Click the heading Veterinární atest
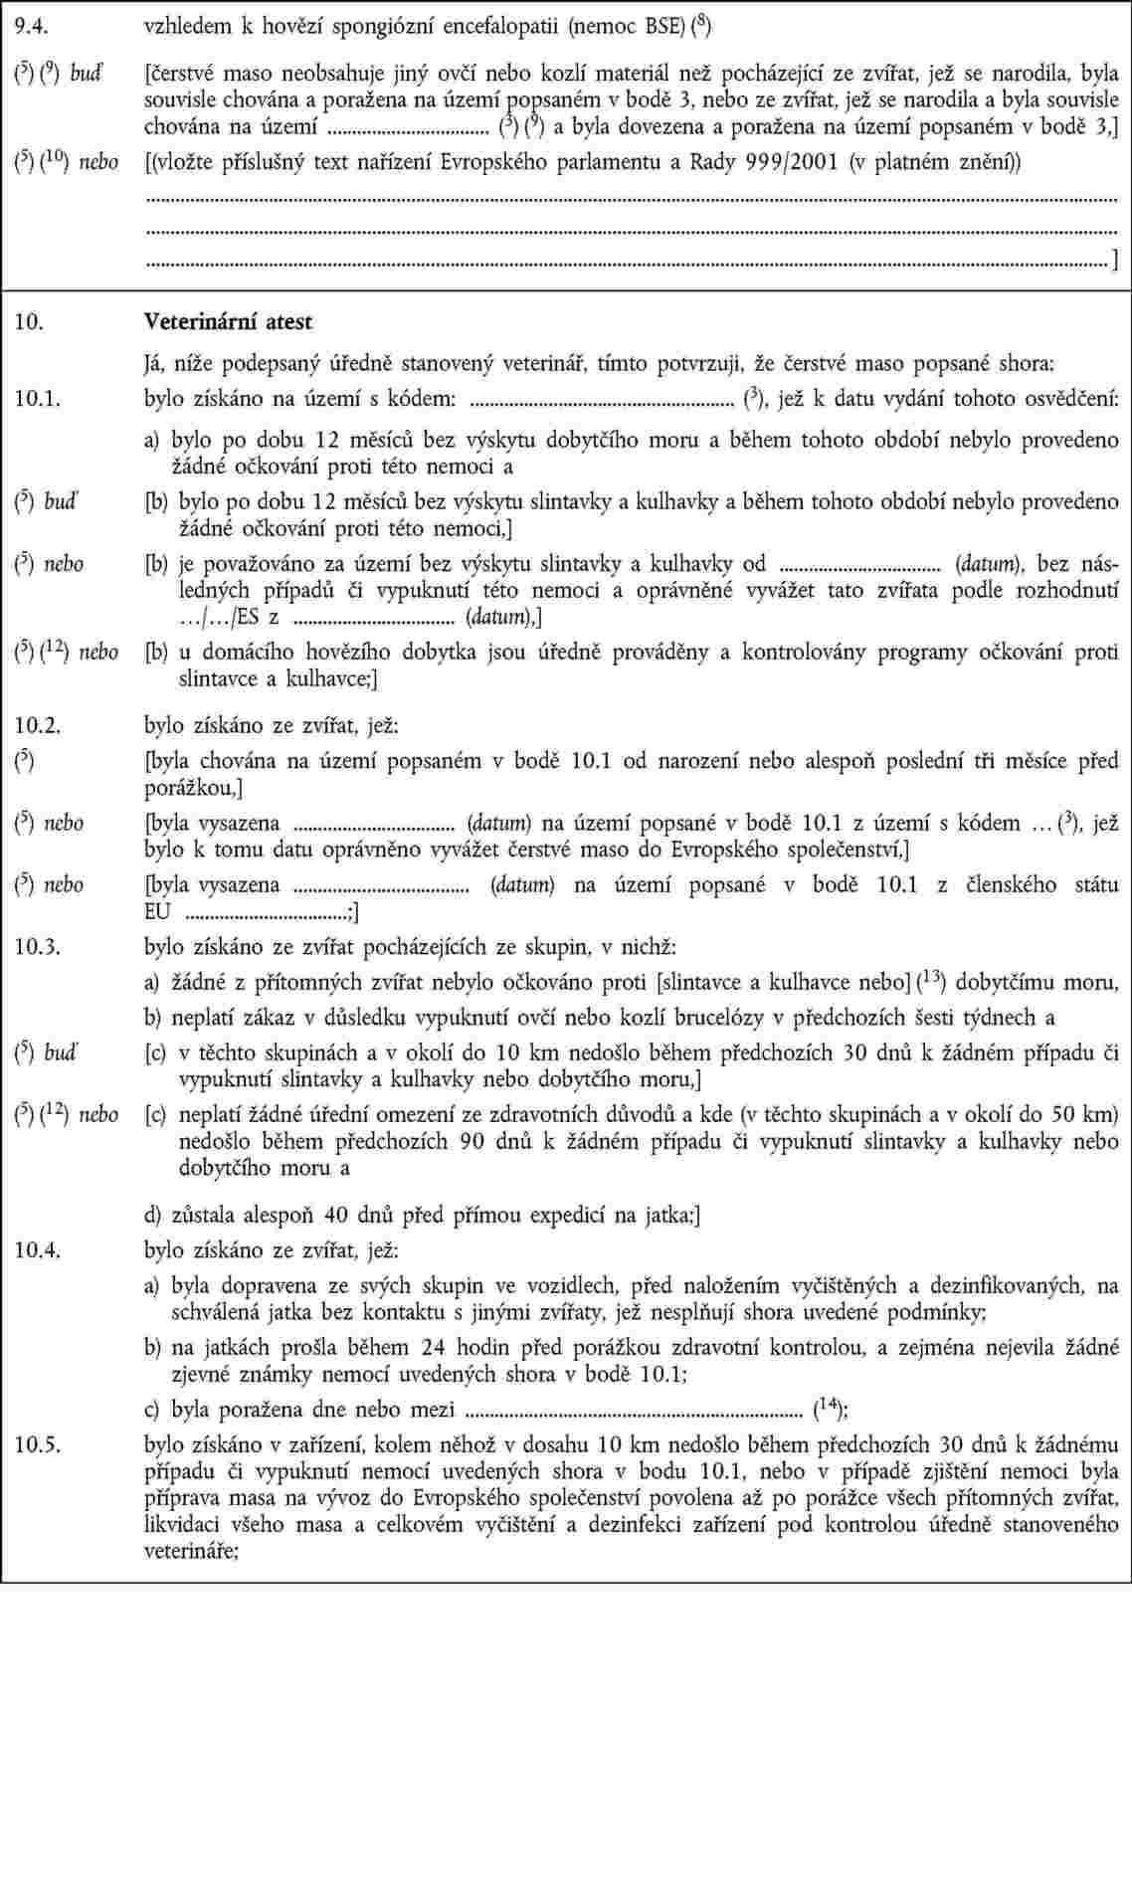coord(228,322)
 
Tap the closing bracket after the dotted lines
coord(1113,264)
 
